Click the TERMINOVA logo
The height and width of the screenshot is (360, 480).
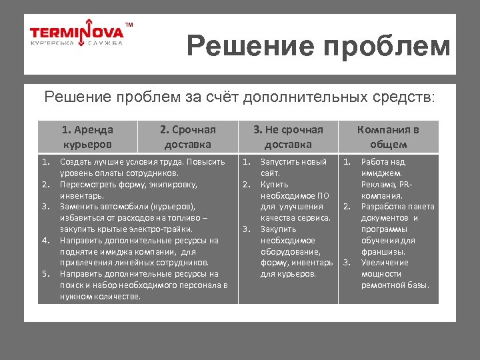[x=77, y=33]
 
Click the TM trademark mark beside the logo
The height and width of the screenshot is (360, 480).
[x=129, y=25]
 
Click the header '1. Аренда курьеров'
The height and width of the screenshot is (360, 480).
[x=87, y=137]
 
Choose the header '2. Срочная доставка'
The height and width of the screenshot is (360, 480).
[x=187, y=137]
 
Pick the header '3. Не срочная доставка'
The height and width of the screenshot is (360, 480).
[x=288, y=137]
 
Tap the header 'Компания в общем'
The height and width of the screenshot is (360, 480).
[x=388, y=137]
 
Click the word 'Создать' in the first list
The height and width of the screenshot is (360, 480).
[x=75, y=162]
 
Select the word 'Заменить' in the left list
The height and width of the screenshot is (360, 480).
[x=77, y=207]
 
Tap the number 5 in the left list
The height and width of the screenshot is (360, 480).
[x=45, y=273]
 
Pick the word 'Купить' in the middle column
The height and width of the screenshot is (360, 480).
[x=274, y=184]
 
